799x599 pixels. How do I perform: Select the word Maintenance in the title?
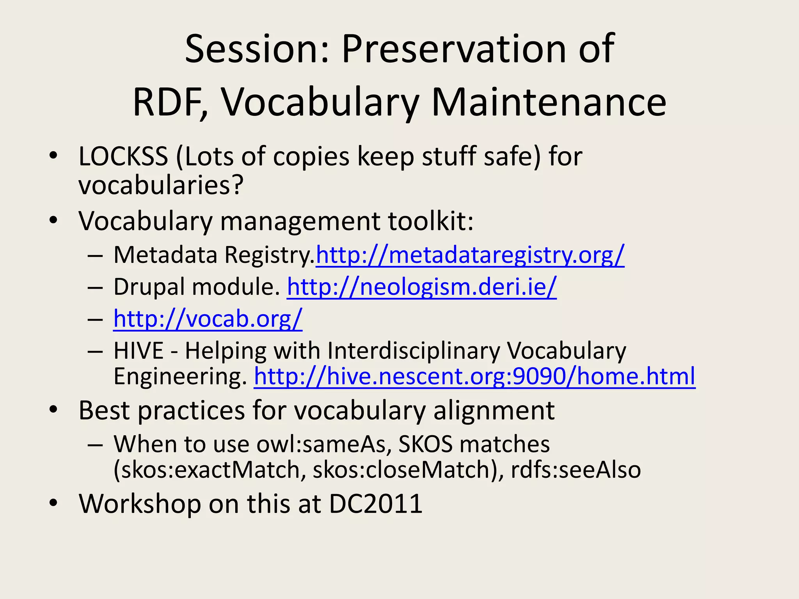[549, 102]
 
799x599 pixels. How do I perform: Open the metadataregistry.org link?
[470, 255]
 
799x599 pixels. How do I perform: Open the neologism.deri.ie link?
[421, 287]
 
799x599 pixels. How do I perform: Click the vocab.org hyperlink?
[208, 319]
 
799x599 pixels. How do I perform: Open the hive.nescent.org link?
[474, 376]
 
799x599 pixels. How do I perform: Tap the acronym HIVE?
[138, 351]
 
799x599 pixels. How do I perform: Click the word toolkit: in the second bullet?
[431, 221]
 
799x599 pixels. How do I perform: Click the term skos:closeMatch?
[403, 470]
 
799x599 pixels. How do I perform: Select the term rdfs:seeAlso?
[576, 470]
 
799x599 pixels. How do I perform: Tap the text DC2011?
[376, 503]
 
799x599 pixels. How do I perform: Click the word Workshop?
[140, 503]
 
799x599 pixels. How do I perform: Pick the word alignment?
[494, 411]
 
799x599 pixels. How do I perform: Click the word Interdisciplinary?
[414, 351]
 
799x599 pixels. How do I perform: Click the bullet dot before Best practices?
[53, 410]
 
